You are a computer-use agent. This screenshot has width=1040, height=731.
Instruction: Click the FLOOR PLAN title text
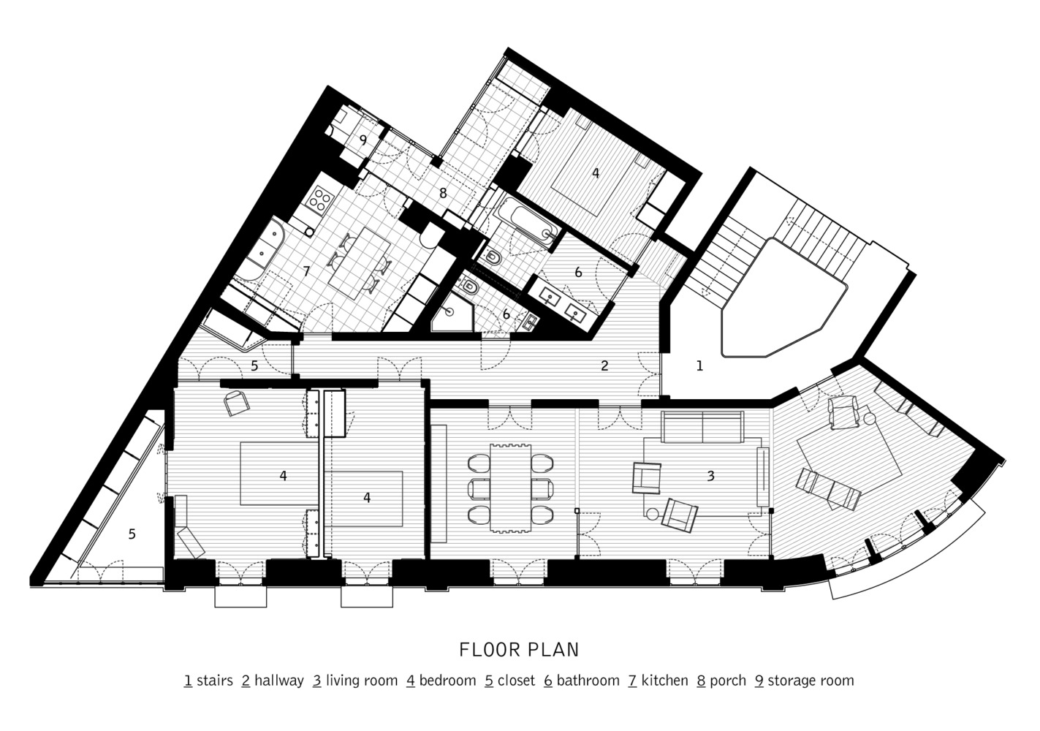point(519,650)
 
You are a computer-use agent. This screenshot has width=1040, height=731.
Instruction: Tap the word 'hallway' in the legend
point(279,681)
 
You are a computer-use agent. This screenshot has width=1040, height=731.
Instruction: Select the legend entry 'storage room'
point(811,681)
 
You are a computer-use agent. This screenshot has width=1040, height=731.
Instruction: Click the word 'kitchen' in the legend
point(664,681)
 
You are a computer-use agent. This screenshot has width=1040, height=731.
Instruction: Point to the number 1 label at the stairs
point(699,366)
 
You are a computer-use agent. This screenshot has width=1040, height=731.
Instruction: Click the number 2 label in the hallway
point(604,366)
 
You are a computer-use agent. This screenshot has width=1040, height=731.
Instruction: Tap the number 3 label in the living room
point(710,476)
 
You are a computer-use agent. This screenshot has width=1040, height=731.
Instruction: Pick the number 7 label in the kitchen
point(306,271)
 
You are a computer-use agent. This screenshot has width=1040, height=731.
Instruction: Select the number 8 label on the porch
point(443,193)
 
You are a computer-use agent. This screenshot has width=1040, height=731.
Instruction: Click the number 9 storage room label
point(363,140)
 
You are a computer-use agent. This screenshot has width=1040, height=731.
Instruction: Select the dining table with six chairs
point(511,488)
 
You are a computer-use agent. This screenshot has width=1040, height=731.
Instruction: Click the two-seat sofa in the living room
point(702,427)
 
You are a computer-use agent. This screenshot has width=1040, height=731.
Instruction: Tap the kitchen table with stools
point(360,264)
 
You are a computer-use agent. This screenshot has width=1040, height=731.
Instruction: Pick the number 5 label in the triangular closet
point(132,534)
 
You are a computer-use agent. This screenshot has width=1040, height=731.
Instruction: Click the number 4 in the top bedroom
point(596,173)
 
